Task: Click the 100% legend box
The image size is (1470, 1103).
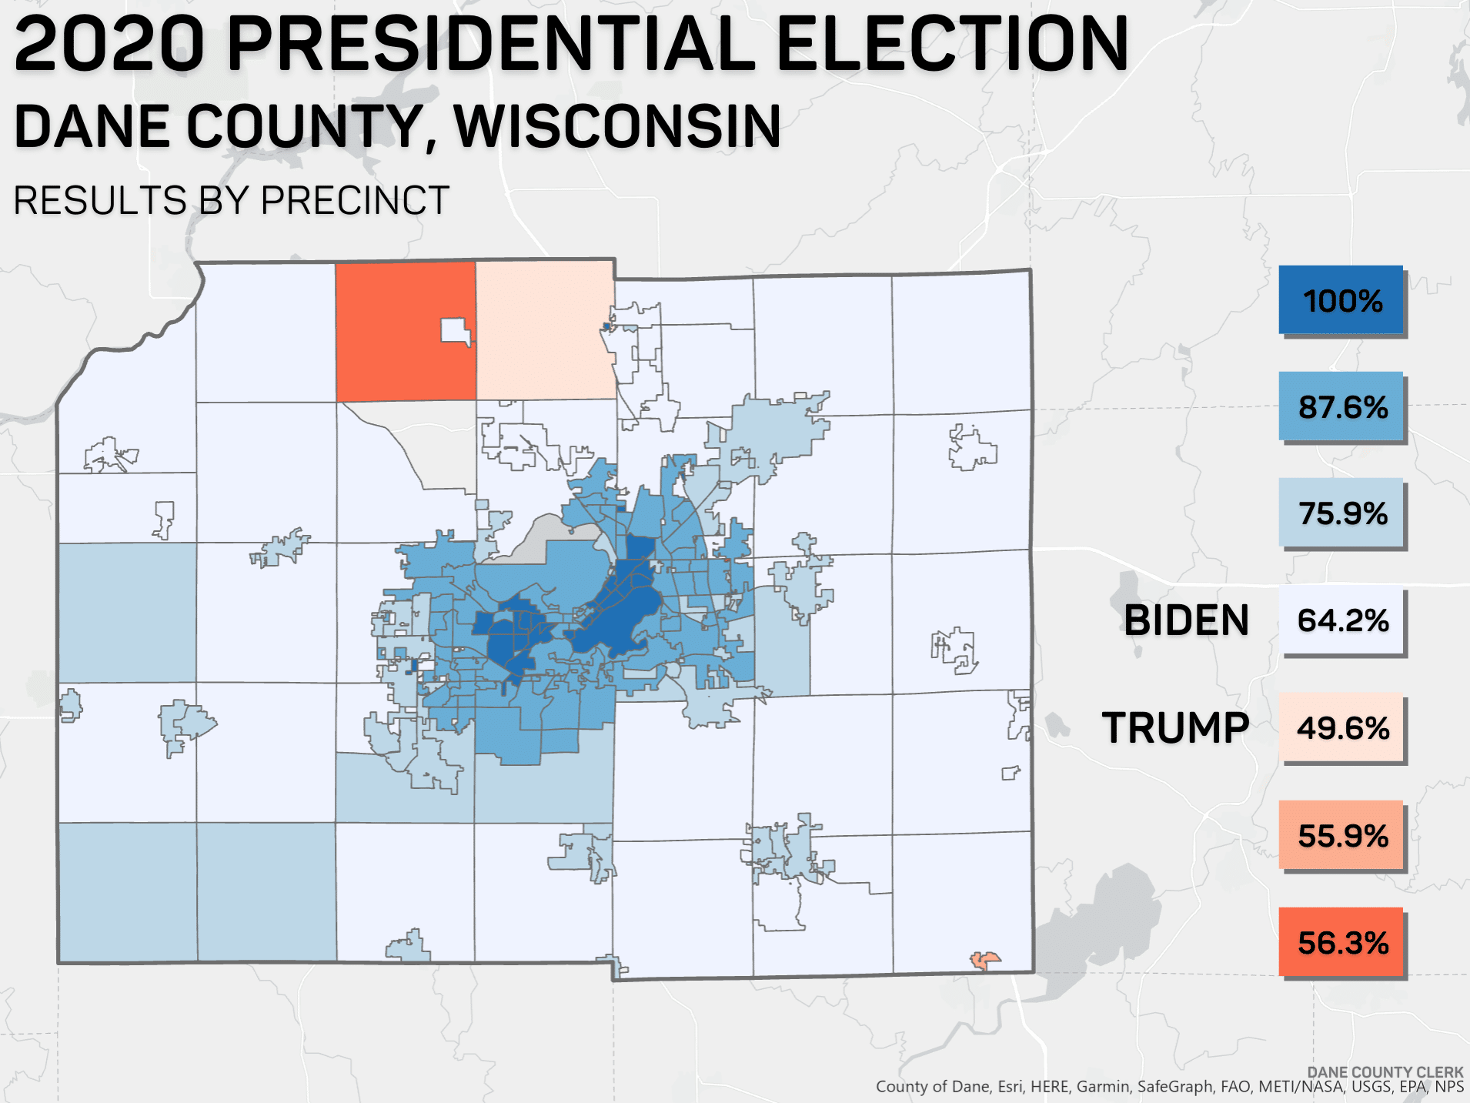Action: point(1341,300)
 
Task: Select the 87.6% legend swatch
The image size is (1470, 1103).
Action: point(1341,406)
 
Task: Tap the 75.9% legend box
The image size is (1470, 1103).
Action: point(1341,513)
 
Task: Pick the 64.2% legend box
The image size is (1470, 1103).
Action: point(1341,620)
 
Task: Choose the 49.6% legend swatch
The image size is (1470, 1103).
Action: point(1341,727)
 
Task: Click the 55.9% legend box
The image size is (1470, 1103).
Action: point(1341,835)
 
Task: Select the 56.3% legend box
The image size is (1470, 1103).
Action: point(1341,942)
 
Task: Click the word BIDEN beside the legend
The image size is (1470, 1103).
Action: point(1186,620)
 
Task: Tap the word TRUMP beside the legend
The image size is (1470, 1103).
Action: point(1175,728)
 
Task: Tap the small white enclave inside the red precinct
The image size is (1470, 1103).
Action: point(454,331)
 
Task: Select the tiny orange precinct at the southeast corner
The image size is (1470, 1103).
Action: point(985,959)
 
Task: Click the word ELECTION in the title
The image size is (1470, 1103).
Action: point(951,45)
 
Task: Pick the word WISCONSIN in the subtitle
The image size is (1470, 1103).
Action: point(617,127)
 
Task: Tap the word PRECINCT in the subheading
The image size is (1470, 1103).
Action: point(355,201)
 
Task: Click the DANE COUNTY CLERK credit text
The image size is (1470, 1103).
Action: point(1385,1072)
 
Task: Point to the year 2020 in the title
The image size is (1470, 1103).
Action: point(109,45)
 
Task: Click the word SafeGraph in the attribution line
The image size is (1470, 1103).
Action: point(1174,1087)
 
